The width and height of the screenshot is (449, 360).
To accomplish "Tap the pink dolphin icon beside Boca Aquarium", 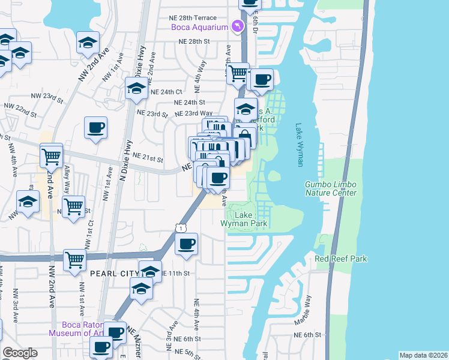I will click(x=239, y=26).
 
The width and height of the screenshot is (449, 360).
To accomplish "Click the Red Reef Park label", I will click(x=341, y=259).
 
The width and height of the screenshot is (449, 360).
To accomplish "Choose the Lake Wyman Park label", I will click(x=243, y=219).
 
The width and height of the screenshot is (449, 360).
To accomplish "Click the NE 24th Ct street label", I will click(x=166, y=92).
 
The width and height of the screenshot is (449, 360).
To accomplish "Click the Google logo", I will click(x=20, y=353).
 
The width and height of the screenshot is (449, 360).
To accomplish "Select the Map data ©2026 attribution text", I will click(x=423, y=355).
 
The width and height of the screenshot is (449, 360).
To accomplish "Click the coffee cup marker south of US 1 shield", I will click(x=186, y=244).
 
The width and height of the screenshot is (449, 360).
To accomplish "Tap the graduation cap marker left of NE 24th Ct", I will click(x=136, y=88).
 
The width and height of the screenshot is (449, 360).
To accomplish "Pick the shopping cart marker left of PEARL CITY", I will click(x=76, y=260).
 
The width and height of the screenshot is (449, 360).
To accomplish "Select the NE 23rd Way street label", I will click(x=193, y=113).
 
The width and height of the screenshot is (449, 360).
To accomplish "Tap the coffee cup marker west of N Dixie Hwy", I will click(x=96, y=127).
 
